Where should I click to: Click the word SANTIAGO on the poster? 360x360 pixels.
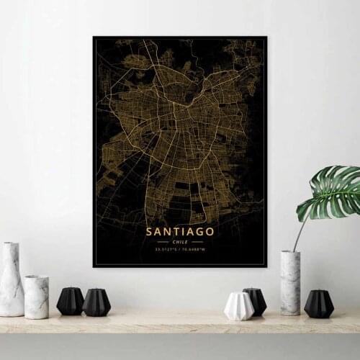pyautogui.click(x=180, y=232)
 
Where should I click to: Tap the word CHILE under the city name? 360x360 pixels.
pyautogui.click(x=180, y=243)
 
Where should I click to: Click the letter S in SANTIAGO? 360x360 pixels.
pyautogui.click(x=149, y=232)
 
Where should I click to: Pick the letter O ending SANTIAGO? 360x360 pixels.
pyautogui.click(x=210, y=232)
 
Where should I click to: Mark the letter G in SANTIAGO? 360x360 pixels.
pyautogui.click(x=199, y=232)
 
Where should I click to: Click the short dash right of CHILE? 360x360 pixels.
pyautogui.click(x=196, y=243)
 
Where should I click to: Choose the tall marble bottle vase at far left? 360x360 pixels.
pyautogui.click(x=11, y=281)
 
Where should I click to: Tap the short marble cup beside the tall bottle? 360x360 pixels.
pyautogui.click(x=36, y=297)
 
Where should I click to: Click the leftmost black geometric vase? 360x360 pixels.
pyautogui.click(x=70, y=301)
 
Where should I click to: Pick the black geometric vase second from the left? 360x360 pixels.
pyautogui.click(x=96, y=302)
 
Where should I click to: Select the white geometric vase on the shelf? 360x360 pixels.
pyautogui.click(x=238, y=305)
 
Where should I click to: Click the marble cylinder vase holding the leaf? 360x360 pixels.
pyautogui.click(x=290, y=282)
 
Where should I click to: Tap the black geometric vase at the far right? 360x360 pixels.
pyautogui.click(x=318, y=304)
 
